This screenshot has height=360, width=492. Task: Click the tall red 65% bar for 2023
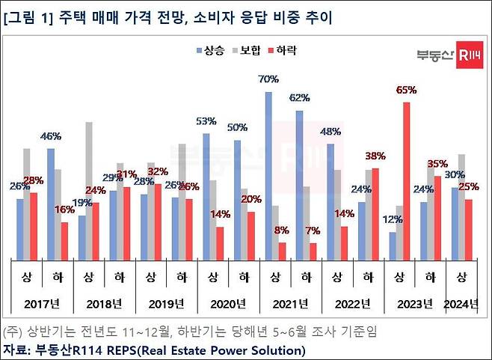(x=406, y=180)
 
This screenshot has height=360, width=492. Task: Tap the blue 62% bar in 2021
(x=299, y=184)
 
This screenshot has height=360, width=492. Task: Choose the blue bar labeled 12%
(x=393, y=245)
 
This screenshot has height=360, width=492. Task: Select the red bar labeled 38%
(x=375, y=213)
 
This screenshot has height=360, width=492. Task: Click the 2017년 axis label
(x=42, y=303)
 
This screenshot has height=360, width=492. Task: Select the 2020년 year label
(x=228, y=303)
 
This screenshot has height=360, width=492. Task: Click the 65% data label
(x=406, y=90)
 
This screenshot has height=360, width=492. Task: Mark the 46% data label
(x=50, y=136)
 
